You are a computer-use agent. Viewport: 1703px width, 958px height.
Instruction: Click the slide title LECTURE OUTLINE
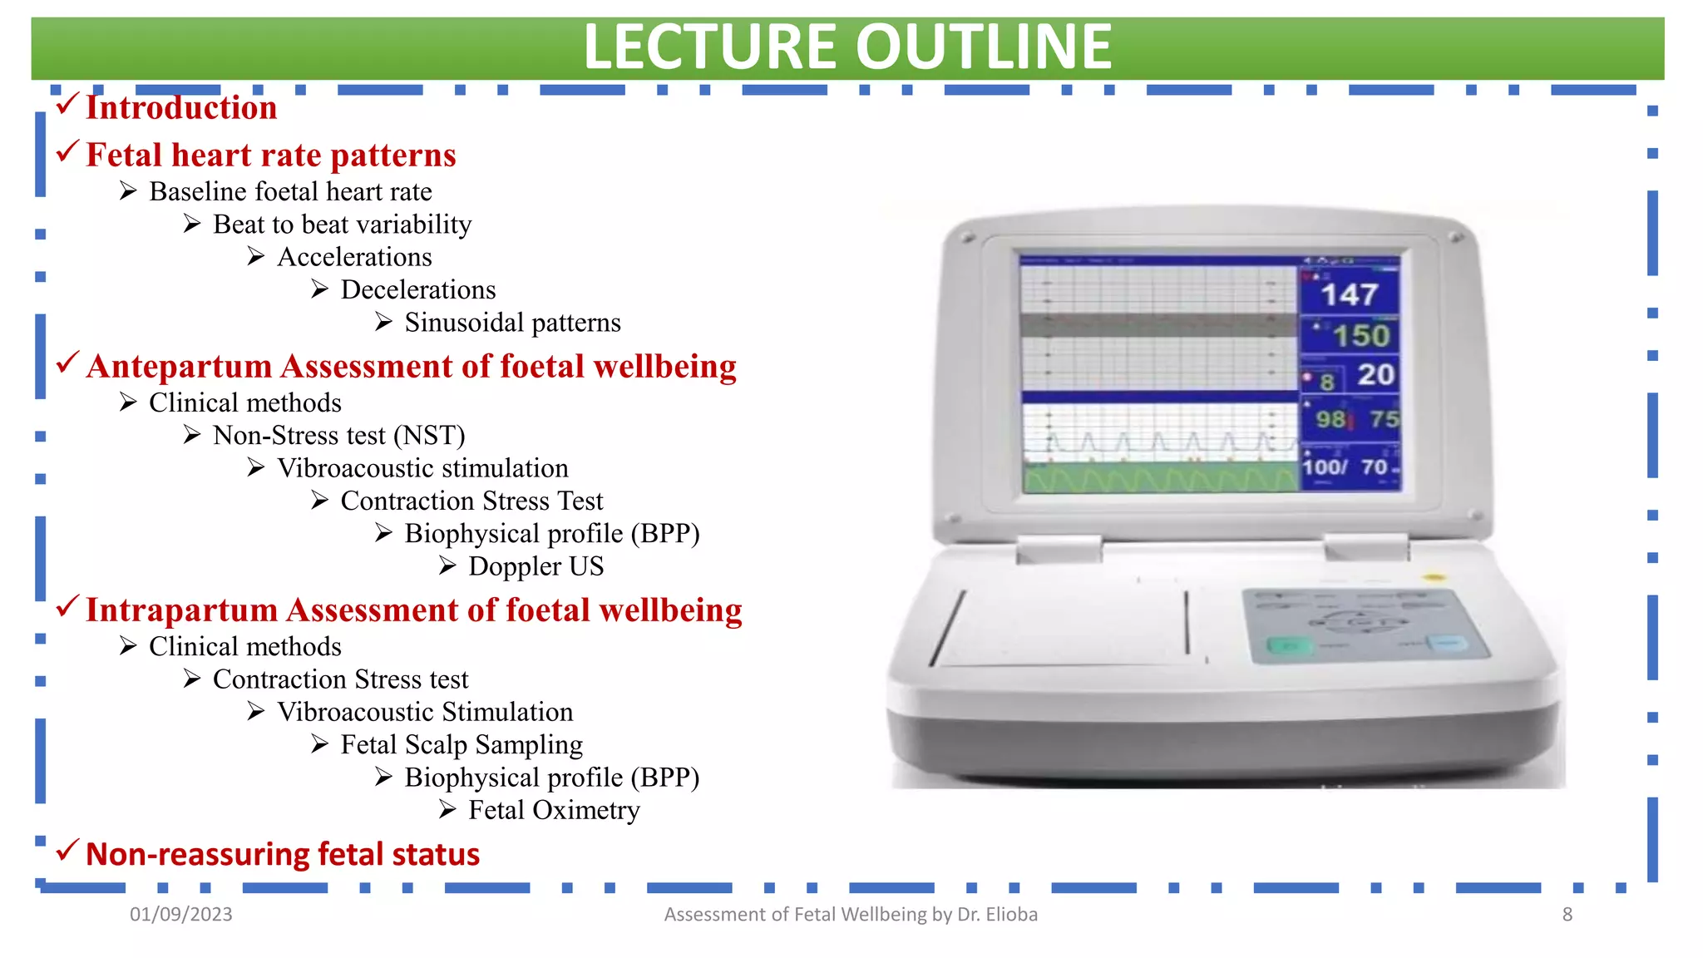[847, 47]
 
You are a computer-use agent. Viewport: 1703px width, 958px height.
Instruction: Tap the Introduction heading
[180, 107]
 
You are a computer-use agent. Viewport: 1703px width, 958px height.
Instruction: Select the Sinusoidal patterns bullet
[511, 323]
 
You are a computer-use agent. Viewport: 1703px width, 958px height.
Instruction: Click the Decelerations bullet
[417, 290]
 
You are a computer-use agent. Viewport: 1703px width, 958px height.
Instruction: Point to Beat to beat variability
[342, 225]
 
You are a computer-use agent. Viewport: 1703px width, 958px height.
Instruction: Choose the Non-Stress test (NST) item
[338, 436]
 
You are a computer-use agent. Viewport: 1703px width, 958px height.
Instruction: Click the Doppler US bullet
[536, 566]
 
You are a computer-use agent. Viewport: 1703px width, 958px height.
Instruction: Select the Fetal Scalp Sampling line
[462, 745]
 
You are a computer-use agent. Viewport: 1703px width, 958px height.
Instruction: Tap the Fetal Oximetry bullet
[554, 810]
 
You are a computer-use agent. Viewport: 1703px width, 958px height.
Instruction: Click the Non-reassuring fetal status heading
[282, 855]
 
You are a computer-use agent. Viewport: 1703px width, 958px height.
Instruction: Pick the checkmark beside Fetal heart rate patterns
[67, 152]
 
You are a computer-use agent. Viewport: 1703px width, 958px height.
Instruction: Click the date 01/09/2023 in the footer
[180, 915]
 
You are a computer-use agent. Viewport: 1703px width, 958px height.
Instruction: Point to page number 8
[1567, 915]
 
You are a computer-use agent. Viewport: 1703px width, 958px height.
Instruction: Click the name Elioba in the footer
[1011, 915]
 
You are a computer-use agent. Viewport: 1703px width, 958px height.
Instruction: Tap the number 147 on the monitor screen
[1349, 294]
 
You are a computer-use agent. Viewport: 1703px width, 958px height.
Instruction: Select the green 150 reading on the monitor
[1361, 336]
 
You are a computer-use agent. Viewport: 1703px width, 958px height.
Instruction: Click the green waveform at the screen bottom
[1160, 479]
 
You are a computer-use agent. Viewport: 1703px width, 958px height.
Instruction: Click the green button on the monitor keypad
[1288, 646]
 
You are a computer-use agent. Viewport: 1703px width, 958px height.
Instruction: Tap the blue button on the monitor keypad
[1448, 644]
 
